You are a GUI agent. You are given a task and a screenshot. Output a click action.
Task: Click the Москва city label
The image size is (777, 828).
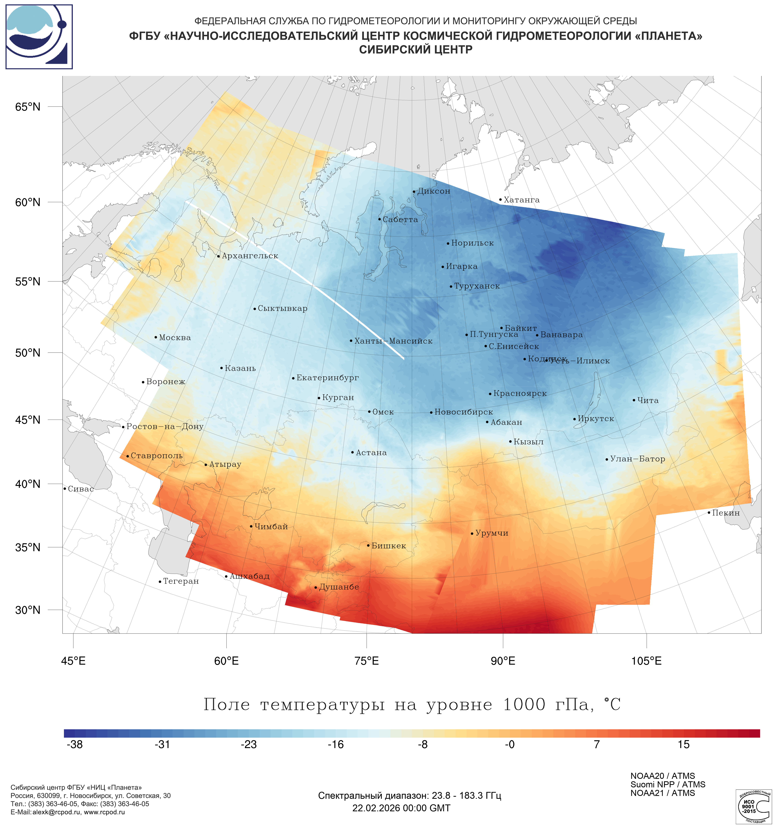[x=175, y=338]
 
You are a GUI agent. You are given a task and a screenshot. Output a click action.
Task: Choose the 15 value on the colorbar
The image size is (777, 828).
[x=683, y=745]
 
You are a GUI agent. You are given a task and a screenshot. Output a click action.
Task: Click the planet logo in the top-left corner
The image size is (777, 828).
[x=39, y=37]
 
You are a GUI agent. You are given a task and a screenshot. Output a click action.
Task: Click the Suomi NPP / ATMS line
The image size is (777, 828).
[x=668, y=785]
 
